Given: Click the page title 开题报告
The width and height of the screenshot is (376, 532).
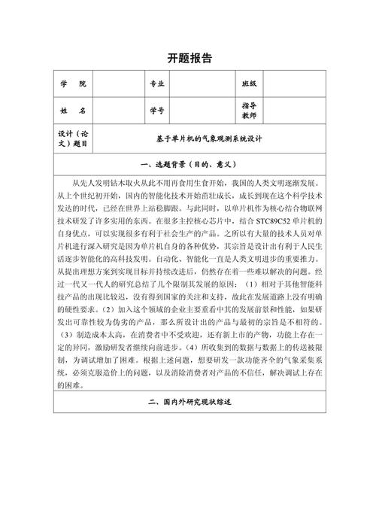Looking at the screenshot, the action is [188, 58].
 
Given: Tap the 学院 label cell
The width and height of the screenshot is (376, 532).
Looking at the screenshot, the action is [72, 84].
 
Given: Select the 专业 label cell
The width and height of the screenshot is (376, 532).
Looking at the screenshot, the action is [157, 84].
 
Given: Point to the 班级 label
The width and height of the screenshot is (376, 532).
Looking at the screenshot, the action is [249, 84].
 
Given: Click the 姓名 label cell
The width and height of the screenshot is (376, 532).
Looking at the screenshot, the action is [72, 111].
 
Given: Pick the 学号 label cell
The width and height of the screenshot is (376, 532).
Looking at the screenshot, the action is [157, 111].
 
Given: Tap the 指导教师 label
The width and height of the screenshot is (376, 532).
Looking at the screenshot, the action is [249, 111].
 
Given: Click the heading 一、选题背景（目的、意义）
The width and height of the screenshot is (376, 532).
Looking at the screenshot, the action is [188, 164].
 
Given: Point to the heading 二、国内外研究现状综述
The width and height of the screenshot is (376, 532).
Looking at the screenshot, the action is [188, 403].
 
